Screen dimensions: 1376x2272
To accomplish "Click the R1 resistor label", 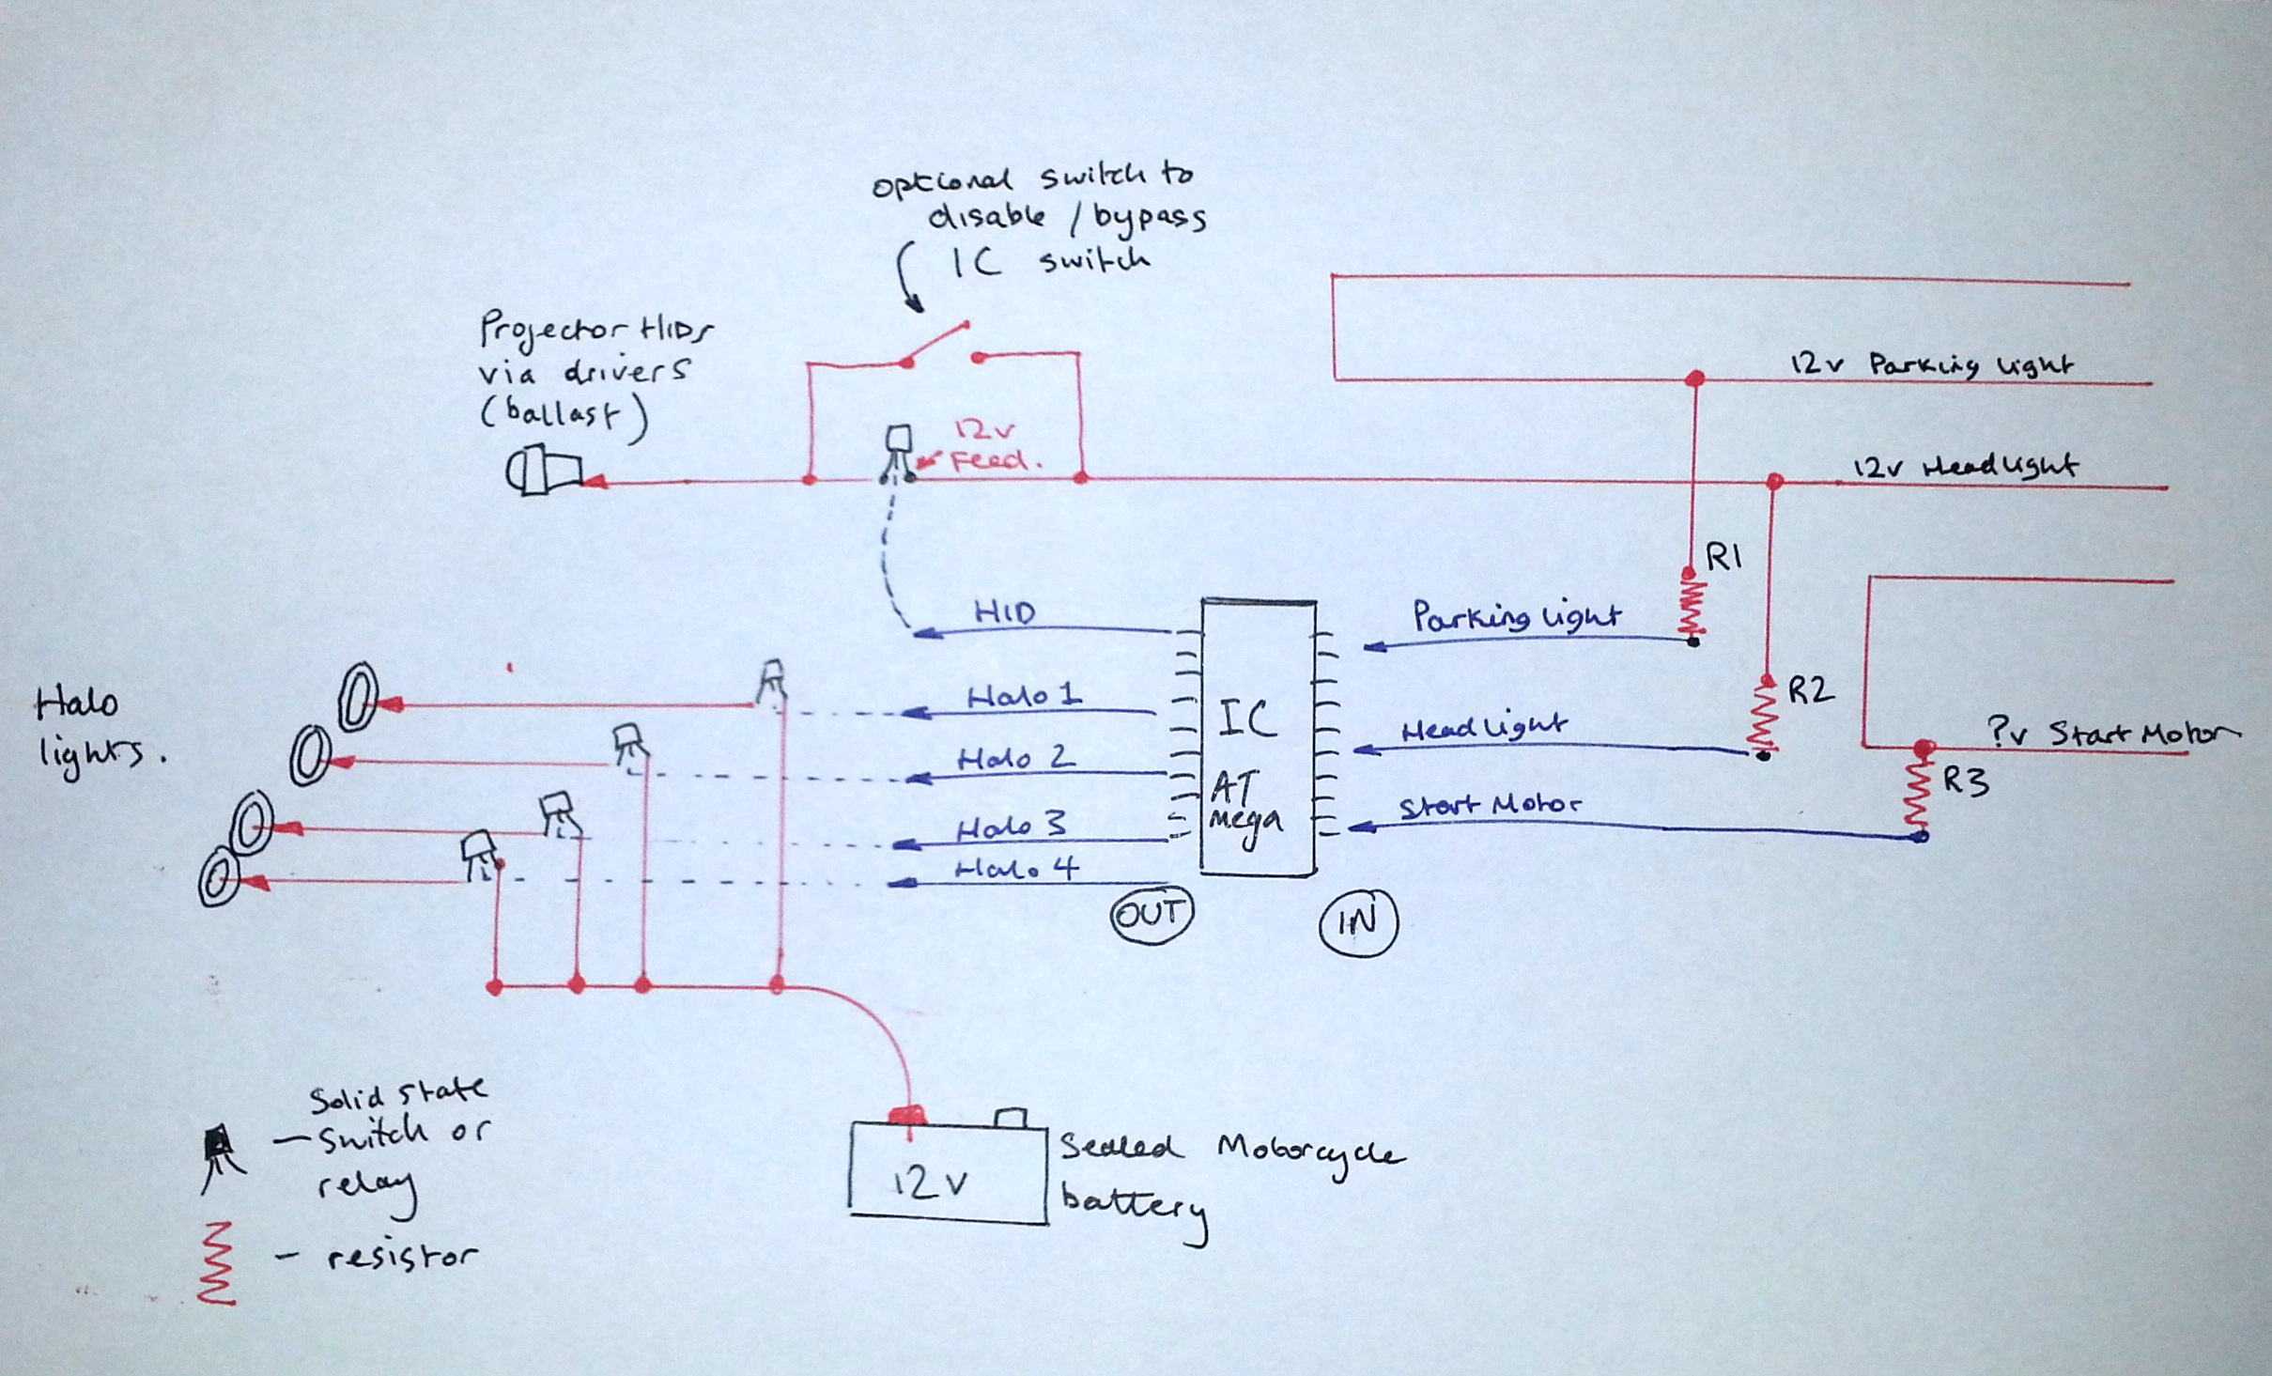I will (1723, 558).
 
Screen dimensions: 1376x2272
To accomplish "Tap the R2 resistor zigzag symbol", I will (1764, 716).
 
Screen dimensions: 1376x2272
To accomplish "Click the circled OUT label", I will (1151, 914).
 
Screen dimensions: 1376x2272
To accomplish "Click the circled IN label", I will (1358, 922).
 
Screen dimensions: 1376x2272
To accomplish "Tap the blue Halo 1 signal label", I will (1024, 696).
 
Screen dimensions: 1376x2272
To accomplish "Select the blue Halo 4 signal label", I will (1016, 869).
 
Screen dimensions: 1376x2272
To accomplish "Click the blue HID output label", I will (1004, 612).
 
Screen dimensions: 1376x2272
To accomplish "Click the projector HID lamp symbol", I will (543, 470).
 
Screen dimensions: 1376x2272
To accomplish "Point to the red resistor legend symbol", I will (216, 1262).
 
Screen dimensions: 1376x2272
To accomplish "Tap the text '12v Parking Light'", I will (1931, 364).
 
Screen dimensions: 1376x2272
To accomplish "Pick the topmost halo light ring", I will (358, 696).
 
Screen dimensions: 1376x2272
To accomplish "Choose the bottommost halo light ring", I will (218, 877).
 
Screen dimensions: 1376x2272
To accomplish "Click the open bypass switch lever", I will (936, 342).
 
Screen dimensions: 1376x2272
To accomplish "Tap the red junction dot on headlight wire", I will (1773, 482).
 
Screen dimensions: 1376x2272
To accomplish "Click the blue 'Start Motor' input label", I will (1490, 806).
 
